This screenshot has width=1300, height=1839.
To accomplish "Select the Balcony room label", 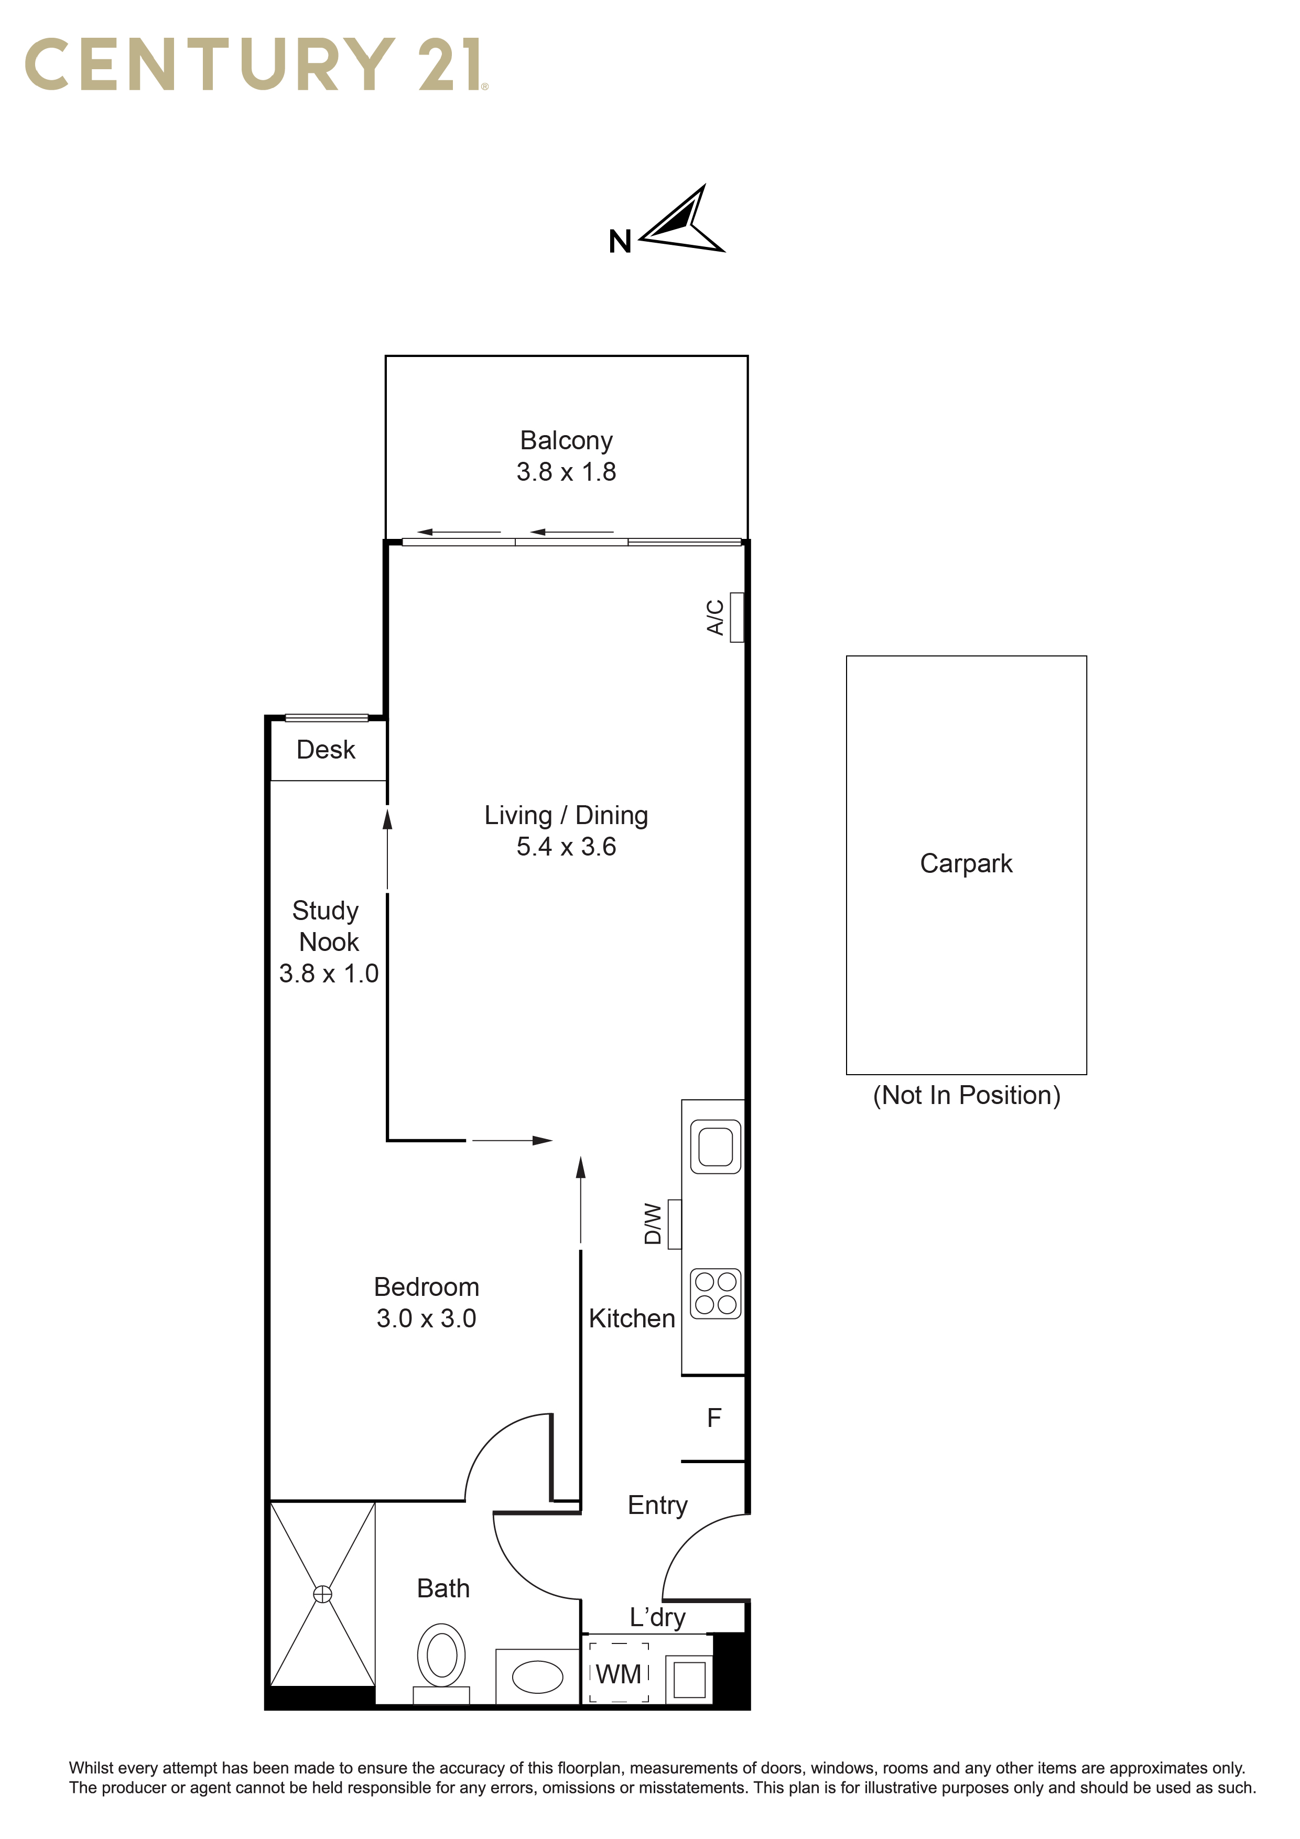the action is [x=566, y=440].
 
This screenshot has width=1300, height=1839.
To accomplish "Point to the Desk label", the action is [x=326, y=750].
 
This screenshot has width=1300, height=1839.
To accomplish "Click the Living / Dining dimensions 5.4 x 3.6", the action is [x=566, y=847].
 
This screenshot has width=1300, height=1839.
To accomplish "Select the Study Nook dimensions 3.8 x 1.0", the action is [x=328, y=973].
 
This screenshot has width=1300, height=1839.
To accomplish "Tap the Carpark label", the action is [x=966, y=863].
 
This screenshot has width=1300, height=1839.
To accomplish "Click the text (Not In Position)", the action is [x=967, y=1095].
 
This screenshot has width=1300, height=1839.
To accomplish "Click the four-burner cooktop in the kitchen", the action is [x=716, y=1294].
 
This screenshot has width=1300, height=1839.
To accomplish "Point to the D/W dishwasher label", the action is [x=653, y=1224].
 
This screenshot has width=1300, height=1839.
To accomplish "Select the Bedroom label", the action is [x=426, y=1287].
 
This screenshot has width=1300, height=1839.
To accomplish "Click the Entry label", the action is [x=658, y=1506].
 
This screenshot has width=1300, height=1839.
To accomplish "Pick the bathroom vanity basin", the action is [x=537, y=1676].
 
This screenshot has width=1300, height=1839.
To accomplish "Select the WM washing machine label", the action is [x=619, y=1674].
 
